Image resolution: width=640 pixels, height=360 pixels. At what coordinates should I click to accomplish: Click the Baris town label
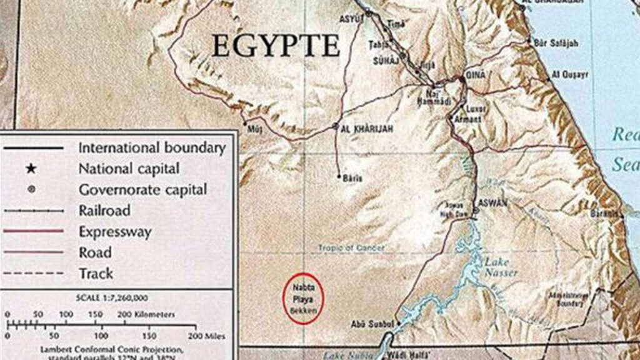(353, 178)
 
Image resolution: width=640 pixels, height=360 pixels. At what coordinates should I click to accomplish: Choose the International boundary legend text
(151, 148)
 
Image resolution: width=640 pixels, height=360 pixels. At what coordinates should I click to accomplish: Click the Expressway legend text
(115, 231)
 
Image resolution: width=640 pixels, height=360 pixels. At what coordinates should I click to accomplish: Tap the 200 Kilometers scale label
(149, 314)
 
